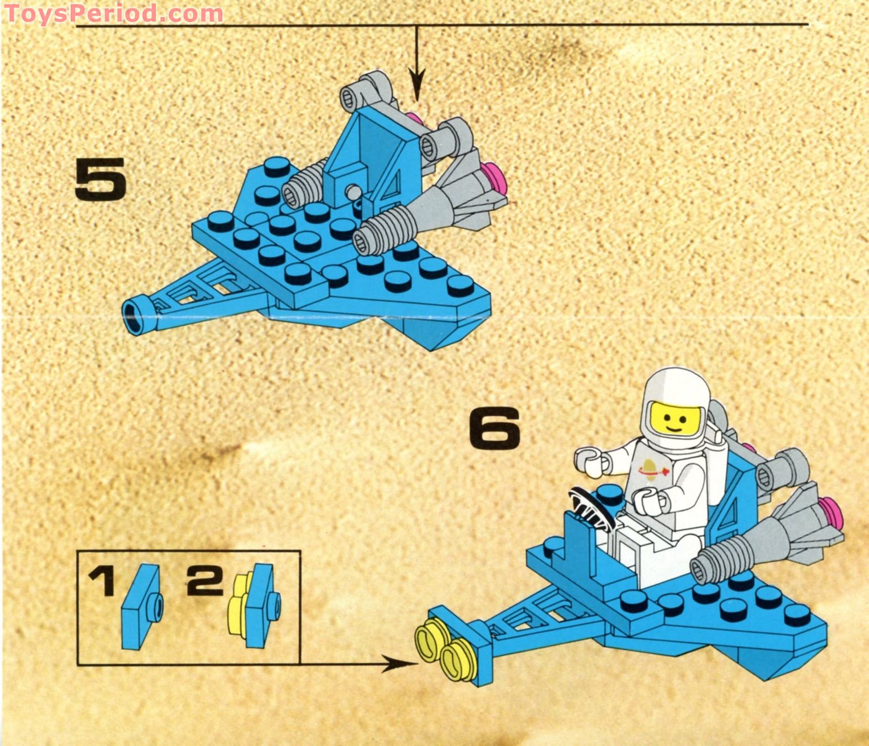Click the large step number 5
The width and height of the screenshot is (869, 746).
pos(101,178)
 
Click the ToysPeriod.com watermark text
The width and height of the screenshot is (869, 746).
pos(113,13)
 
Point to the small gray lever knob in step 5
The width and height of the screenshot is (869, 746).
pos(352,192)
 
